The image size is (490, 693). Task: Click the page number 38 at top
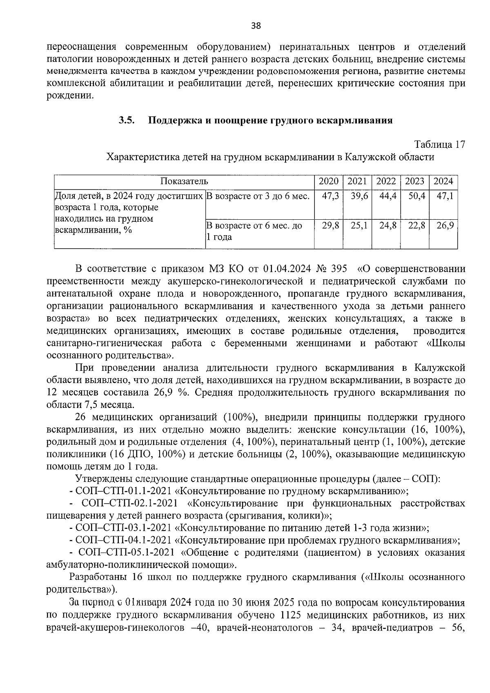click(x=256, y=26)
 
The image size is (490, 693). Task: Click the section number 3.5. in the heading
click(x=127, y=120)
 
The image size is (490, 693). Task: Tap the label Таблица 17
click(x=439, y=145)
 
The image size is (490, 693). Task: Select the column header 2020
click(x=328, y=182)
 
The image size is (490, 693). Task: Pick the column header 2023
click(x=414, y=182)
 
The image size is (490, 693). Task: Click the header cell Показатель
click(x=184, y=182)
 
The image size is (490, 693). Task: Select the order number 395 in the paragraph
click(x=340, y=269)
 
